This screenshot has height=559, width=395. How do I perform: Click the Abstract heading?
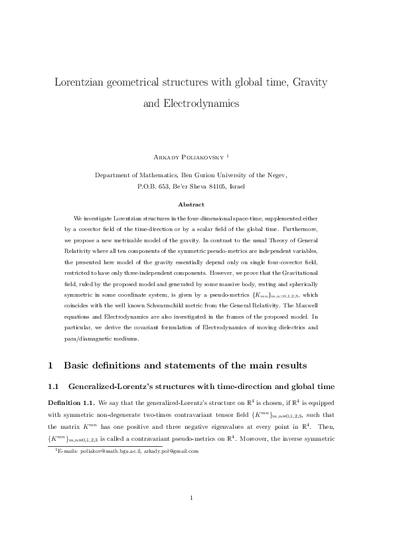[x=197, y=204]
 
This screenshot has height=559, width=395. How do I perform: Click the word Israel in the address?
[x=237, y=187]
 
